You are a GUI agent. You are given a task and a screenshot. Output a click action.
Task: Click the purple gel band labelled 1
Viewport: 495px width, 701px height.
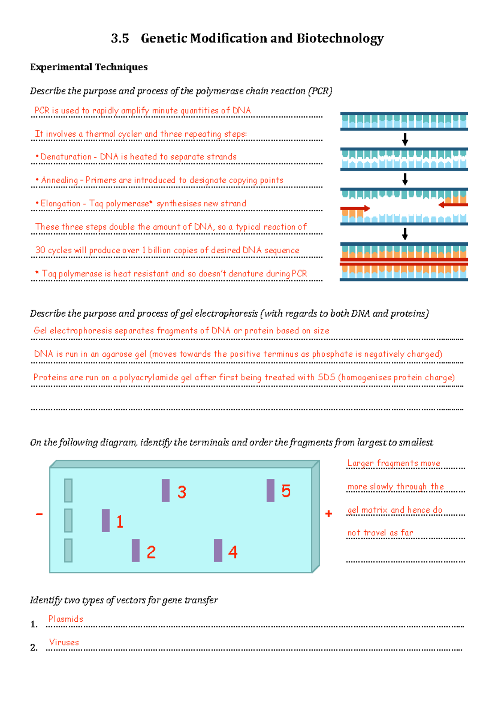coord(106,520)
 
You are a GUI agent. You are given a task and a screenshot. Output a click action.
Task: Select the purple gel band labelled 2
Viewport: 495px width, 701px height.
coord(136,550)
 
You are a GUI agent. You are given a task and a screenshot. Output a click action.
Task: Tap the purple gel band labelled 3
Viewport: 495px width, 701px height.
coord(166,490)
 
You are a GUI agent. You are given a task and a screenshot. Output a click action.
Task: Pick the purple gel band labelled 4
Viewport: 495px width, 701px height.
coord(218,550)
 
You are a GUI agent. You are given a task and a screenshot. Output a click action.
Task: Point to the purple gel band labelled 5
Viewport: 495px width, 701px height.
coord(271,490)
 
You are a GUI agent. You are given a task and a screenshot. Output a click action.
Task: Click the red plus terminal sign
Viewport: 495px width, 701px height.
coord(329,514)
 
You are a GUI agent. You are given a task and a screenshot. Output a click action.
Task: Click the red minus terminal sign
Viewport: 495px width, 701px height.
coord(39,514)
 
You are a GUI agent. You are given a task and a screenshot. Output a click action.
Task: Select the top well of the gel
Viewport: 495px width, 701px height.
coord(68,490)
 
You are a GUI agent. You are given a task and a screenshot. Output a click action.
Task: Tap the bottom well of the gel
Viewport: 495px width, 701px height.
coord(68,550)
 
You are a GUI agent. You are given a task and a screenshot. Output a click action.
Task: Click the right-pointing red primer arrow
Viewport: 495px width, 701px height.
coord(355,208)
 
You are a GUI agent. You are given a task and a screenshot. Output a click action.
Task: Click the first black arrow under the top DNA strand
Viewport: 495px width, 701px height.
coord(405,139)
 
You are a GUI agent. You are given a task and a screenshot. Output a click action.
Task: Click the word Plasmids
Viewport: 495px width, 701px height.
coord(66,619)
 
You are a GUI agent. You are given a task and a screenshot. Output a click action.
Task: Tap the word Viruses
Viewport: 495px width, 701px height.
coord(64,642)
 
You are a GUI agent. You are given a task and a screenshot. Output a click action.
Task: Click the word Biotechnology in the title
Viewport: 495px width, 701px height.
coord(340,38)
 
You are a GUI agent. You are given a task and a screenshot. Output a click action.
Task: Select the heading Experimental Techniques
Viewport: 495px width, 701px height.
coord(89,67)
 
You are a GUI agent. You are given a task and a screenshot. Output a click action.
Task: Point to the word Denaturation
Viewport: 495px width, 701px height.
coord(66,157)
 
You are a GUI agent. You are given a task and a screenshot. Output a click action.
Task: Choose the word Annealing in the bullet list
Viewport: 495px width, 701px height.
coord(59,180)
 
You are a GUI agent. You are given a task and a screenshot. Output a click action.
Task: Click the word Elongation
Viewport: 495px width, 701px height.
coord(60,204)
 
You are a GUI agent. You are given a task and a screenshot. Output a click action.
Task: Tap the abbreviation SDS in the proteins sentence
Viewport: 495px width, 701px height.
coord(326,377)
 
